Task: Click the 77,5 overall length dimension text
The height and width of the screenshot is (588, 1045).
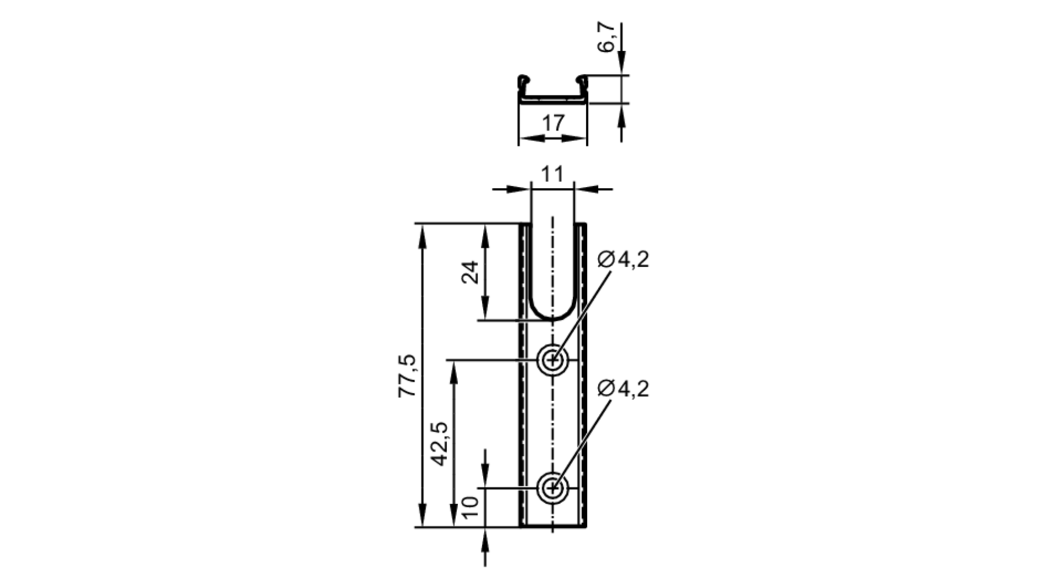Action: tap(408, 376)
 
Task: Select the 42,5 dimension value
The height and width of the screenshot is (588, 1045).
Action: tap(439, 444)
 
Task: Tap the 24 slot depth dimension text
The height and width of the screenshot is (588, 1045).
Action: tap(470, 272)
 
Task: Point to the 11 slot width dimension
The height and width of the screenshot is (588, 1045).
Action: tap(552, 174)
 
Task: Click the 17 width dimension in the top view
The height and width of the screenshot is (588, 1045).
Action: tap(553, 123)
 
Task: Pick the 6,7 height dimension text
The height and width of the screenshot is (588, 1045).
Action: tap(607, 37)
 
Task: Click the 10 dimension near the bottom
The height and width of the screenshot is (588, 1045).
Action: tap(471, 507)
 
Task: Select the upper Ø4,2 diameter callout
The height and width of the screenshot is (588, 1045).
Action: tap(623, 259)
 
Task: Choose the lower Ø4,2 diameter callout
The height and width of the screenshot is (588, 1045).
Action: tap(623, 389)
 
